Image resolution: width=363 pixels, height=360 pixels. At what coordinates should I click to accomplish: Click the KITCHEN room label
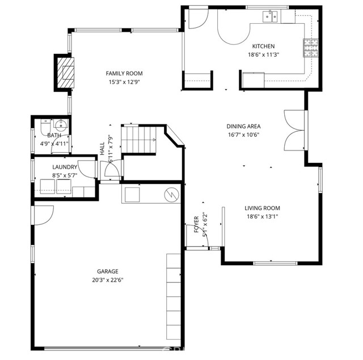[x=263, y=46]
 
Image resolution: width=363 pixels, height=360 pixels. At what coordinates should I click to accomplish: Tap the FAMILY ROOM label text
[x=124, y=73]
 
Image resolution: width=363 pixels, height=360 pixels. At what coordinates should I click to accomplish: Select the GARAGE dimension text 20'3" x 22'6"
[x=108, y=280]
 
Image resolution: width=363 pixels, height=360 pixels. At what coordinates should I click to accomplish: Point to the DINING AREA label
[x=243, y=126]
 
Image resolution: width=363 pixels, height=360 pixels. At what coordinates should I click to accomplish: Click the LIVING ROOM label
[x=262, y=208]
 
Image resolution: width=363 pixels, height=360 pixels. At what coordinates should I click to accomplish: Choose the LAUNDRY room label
[x=65, y=167]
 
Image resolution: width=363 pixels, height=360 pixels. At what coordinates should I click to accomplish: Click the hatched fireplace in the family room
[x=66, y=73]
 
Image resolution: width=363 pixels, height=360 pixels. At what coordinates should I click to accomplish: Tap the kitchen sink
[x=270, y=16]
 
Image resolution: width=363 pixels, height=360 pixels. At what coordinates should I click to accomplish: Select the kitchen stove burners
[x=311, y=48]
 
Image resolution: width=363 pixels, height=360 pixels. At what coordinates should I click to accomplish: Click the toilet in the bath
[x=45, y=127]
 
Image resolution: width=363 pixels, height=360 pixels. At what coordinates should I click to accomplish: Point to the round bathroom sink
[x=61, y=124]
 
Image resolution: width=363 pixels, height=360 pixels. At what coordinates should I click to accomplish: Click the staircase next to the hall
[x=138, y=139]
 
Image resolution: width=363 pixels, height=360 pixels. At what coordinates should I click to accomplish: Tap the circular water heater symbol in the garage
[x=171, y=195]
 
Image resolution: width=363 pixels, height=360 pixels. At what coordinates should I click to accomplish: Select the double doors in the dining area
[x=294, y=130]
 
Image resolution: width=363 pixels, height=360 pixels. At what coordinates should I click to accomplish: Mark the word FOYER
[x=196, y=224]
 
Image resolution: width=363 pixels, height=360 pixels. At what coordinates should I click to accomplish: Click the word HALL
[x=102, y=149]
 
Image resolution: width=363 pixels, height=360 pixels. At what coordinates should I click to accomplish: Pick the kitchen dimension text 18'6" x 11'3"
[x=263, y=55]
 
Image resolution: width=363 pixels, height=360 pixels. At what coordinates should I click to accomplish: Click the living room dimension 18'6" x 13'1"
[x=262, y=217]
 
